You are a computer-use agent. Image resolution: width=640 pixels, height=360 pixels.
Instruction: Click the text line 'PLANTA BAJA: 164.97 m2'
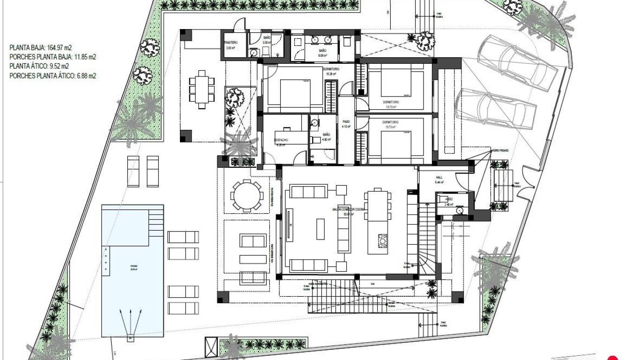click(x=41, y=48)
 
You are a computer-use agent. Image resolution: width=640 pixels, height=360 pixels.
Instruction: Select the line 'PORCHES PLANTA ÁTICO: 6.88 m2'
click(x=52, y=75)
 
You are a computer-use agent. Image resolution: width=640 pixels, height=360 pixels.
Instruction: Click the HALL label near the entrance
click(x=439, y=178)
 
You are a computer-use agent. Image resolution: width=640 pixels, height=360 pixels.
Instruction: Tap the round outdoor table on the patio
click(x=246, y=196)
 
